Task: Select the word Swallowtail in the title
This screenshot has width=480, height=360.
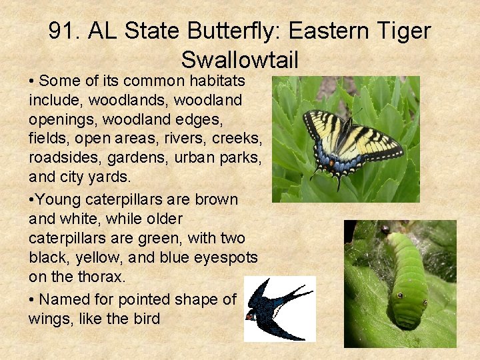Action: [x=239, y=60]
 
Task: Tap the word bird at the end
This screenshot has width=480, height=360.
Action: [x=145, y=319]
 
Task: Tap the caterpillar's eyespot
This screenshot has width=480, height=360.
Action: [x=399, y=294]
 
